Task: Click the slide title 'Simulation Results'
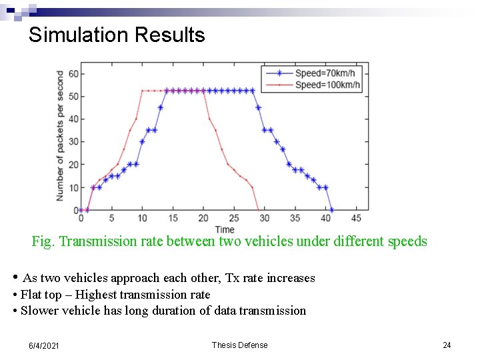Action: (117, 35)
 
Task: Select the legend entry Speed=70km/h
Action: (327, 74)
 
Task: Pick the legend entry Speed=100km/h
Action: (327, 85)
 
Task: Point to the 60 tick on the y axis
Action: (73, 74)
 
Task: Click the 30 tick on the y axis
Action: (73, 142)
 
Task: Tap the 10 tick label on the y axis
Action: (73, 187)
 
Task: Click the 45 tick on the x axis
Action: (356, 218)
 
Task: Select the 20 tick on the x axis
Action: (203, 218)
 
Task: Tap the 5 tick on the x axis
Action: (111, 218)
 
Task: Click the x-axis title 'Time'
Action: (225, 229)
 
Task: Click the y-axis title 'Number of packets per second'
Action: (60, 136)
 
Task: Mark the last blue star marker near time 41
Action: (331, 210)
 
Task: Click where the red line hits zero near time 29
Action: (258, 210)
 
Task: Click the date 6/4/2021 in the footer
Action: (44, 345)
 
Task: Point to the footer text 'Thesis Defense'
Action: (239, 345)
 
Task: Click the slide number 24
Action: (447, 345)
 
